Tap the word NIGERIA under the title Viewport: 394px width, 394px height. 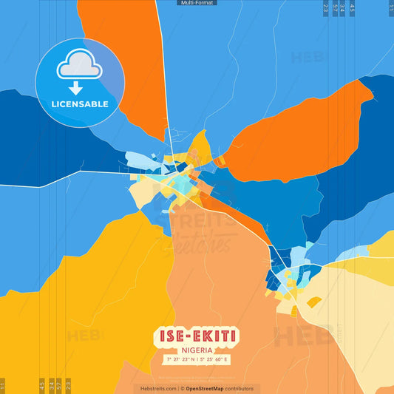pos(197,350)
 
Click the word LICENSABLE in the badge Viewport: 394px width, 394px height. pos(79,104)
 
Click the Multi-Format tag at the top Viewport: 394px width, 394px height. pos(197,3)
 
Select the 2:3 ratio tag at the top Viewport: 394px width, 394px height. pos(326,9)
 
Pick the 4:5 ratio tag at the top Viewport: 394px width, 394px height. pos(353,9)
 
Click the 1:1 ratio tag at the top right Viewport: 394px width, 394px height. pos(390,9)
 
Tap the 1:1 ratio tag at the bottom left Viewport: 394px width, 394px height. pos(3,385)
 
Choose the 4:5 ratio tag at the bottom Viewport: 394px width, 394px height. pos(41,385)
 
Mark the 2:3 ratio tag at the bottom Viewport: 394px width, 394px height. pos(68,385)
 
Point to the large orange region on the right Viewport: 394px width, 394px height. pos(296,133)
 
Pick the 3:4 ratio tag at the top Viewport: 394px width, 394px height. pos(343,9)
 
